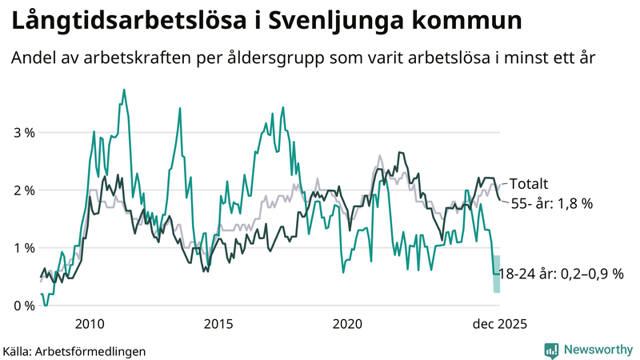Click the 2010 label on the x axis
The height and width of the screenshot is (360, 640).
point(90,324)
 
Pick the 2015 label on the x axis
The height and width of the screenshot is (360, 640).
point(218,324)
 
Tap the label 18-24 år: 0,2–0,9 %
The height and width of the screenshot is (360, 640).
point(560,274)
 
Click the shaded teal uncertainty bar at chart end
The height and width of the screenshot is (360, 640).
point(497,274)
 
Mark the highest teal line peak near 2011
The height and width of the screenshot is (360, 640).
point(124,90)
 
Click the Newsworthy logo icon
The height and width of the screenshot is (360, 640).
point(551,350)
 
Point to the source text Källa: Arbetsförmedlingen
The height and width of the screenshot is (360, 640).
point(74,350)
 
